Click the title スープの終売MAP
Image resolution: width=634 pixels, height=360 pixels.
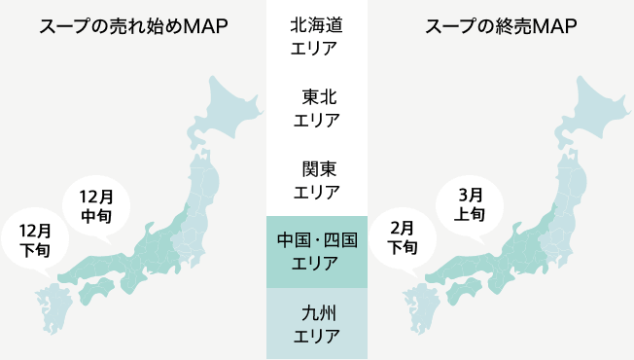(x=501, y=26)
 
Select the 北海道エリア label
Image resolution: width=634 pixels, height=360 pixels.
(x=316, y=37)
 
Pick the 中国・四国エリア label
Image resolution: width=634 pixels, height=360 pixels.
(x=316, y=251)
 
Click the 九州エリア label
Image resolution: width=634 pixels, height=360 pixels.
(x=316, y=324)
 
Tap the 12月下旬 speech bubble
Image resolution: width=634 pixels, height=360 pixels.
(x=36, y=239)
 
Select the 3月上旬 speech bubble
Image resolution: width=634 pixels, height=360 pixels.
(x=471, y=205)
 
